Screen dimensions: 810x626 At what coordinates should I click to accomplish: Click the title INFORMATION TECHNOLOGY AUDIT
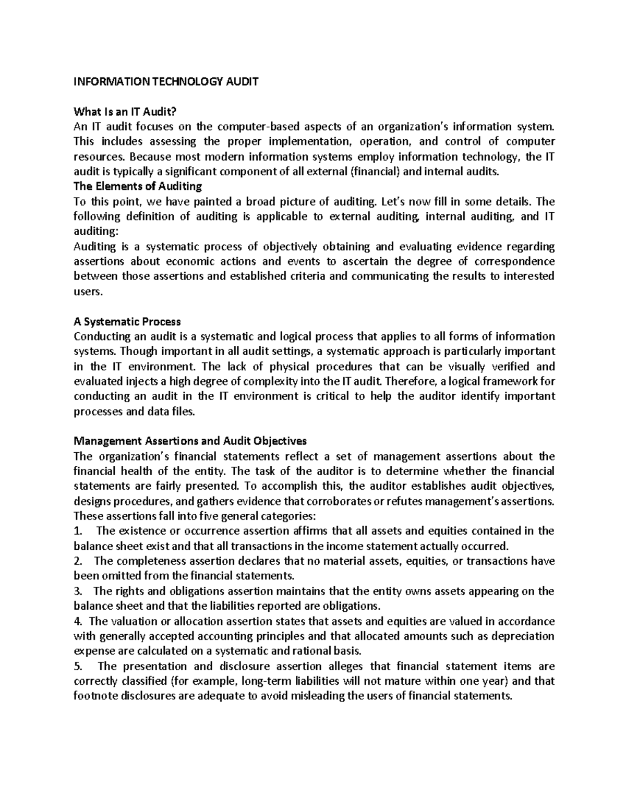click(x=166, y=82)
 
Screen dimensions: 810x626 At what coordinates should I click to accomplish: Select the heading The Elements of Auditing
click(x=138, y=186)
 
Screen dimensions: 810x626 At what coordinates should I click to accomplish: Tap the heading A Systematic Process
click(x=127, y=321)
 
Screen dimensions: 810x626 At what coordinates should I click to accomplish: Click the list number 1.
click(x=78, y=531)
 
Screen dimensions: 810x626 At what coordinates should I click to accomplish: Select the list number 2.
click(x=78, y=561)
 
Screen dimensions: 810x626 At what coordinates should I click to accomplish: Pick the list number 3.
click(x=78, y=591)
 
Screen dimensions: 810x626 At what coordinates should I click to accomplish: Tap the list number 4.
click(x=78, y=621)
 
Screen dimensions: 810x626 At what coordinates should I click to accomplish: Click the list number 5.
click(x=78, y=666)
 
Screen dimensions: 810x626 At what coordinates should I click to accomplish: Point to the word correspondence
click(x=514, y=261)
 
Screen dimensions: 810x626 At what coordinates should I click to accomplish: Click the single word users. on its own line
click(x=87, y=292)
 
